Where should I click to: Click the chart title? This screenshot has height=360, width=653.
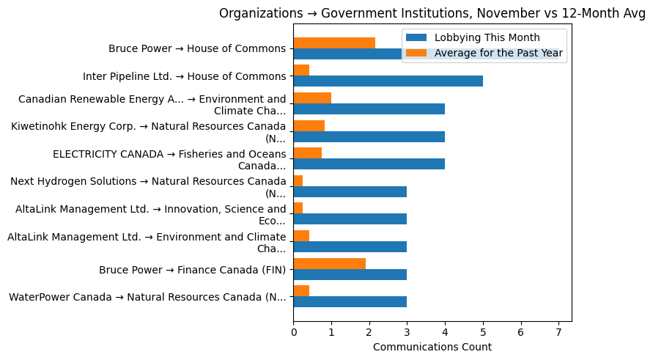point(432,13)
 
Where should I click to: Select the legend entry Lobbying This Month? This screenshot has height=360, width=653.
point(487,37)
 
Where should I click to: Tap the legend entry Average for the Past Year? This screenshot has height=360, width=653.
point(498,53)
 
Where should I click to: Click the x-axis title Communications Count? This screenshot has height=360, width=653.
point(432,347)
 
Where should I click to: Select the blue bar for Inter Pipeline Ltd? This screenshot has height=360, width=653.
point(388,81)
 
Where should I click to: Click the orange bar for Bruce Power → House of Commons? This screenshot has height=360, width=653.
point(334,43)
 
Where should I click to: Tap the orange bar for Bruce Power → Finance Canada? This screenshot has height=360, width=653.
point(329,264)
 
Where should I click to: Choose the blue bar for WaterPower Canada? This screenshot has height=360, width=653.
point(350,302)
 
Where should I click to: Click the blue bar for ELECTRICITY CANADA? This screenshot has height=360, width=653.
point(369,164)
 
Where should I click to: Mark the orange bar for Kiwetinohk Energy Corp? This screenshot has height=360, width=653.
point(309,126)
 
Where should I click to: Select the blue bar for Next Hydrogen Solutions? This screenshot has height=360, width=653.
point(350,192)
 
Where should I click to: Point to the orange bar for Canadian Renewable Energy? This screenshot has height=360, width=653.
point(312,98)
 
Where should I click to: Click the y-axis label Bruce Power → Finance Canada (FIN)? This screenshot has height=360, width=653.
point(192,270)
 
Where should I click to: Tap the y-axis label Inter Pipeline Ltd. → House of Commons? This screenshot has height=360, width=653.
point(184,76)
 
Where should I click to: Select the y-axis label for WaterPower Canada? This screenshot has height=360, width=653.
point(147,297)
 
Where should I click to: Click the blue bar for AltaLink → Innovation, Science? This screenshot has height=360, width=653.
point(350,219)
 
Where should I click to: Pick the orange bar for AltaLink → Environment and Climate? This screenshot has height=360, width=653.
point(301,236)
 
